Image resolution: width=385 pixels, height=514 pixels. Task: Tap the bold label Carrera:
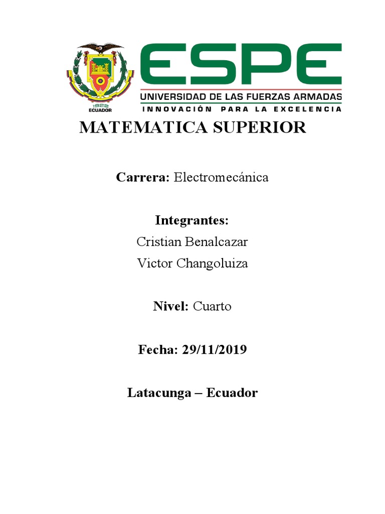point(143,177)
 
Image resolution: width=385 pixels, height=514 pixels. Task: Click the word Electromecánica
point(221,177)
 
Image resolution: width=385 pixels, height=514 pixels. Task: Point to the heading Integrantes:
point(192,220)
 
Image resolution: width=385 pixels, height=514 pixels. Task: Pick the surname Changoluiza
point(213,264)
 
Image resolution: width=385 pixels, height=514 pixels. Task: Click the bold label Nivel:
point(170,307)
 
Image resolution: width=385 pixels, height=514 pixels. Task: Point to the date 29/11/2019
point(215,350)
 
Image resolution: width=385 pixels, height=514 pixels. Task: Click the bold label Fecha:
point(158,350)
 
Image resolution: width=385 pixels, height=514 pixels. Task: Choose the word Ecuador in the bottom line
point(232,393)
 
